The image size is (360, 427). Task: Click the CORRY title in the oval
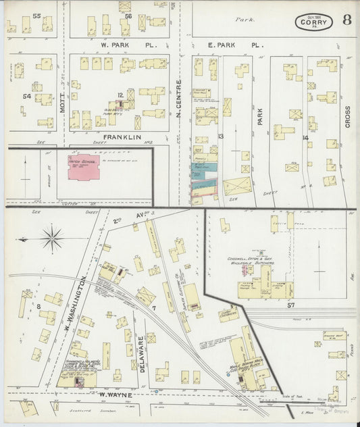[313, 22]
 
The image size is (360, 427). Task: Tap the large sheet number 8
[346, 19]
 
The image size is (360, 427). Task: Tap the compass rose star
[52, 238]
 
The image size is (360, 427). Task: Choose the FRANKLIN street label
[122, 137]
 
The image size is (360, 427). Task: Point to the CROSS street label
[347, 116]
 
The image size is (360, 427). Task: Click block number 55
[36, 16]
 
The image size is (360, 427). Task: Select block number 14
[305, 138]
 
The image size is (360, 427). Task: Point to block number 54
[27, 97]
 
